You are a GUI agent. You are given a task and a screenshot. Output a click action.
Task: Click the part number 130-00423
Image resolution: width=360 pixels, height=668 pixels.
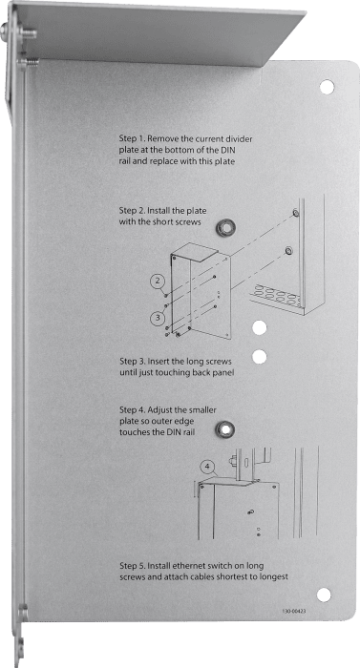(x=293, y=611)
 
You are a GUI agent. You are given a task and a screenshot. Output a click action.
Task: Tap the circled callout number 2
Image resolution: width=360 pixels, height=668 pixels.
(x=158, y=281)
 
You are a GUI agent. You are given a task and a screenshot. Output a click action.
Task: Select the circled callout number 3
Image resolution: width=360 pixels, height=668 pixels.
(x=158, y=318)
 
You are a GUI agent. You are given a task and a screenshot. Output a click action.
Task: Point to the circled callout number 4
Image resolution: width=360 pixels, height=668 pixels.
(x=207, y=467)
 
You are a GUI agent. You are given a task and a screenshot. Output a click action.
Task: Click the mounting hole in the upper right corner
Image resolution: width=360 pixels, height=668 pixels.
(x=328, y=87)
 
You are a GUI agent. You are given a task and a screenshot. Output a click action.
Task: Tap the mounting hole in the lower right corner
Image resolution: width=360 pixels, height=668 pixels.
(x=324, y=595)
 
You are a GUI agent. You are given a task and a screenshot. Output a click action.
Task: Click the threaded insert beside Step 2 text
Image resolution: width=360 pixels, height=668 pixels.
(x=225, y=227)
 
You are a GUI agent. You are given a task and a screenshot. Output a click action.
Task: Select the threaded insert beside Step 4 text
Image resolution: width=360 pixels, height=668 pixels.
(x=224, y=429)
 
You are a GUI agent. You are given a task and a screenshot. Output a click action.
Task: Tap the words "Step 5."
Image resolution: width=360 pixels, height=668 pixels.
(x=129, y=566)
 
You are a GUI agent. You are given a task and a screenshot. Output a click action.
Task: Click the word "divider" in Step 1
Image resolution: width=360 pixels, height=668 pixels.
(x=244, y=139)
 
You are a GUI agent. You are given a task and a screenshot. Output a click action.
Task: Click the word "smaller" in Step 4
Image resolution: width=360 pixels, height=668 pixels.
(x=203, y=409)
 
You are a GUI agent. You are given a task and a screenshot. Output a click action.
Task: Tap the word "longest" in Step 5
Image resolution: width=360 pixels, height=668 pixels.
(x=273, y=577)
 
